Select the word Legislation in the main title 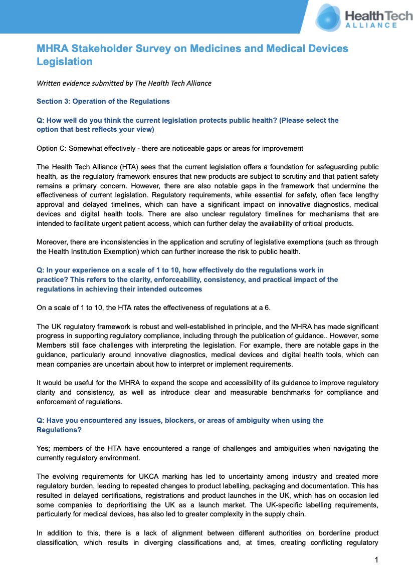[x=65, y=62]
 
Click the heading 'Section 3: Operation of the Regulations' [x=103, y=101]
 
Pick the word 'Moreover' [x=53, y=242]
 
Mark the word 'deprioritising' [x=116, y=504]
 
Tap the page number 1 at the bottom [x=376, y=560]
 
